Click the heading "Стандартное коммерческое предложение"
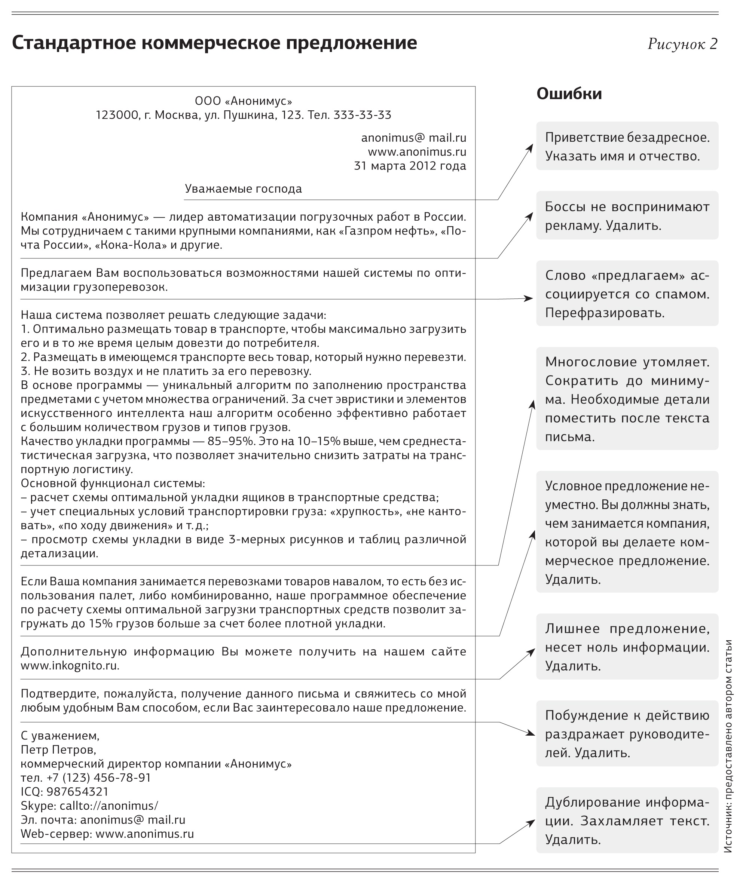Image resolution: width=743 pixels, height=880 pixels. click(x=214, y=43)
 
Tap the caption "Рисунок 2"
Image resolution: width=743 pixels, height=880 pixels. click(x=682, y=44)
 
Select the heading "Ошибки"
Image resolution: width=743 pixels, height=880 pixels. click(x=569, y=94)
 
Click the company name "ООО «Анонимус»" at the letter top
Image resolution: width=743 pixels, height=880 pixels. click(x=244, y=101)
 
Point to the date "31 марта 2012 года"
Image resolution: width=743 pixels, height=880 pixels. click(x=410, y=166)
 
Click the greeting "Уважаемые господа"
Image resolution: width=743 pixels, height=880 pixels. click(x=244, y=188)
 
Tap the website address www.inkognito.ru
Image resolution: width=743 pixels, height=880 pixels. click(x=70, y=666)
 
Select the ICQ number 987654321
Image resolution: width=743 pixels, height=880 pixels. click(x=77, y=792)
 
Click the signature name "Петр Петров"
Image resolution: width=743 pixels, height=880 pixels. click(x=58, y=749)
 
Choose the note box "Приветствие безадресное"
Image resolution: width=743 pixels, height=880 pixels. click(x=627, y=146)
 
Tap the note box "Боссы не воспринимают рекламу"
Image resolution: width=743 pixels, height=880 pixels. click(x=627, y=215)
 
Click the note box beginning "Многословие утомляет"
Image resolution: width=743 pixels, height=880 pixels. click(x=627, y=398)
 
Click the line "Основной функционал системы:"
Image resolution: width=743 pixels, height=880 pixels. click(x=113, y=483)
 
